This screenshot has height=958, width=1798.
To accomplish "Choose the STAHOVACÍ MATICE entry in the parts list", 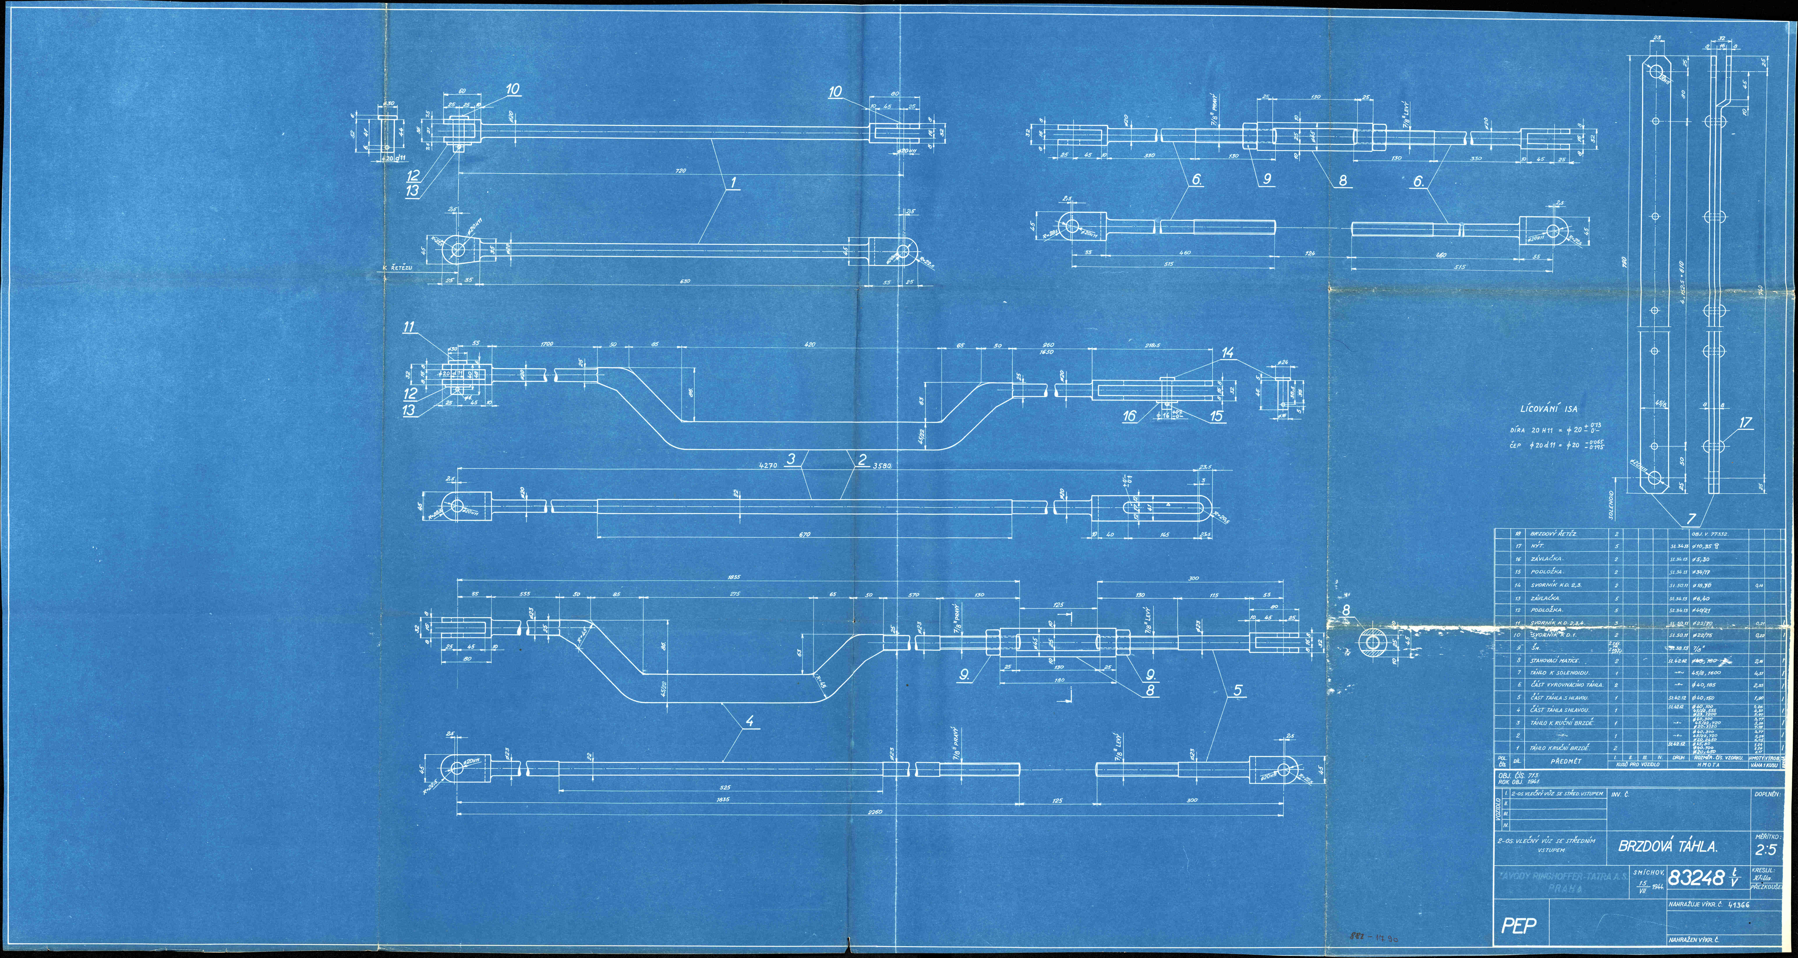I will pyautogui.click(x=1550, y=660).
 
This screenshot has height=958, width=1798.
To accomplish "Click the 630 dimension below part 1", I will pyautogui.click(x=685, y=281).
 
